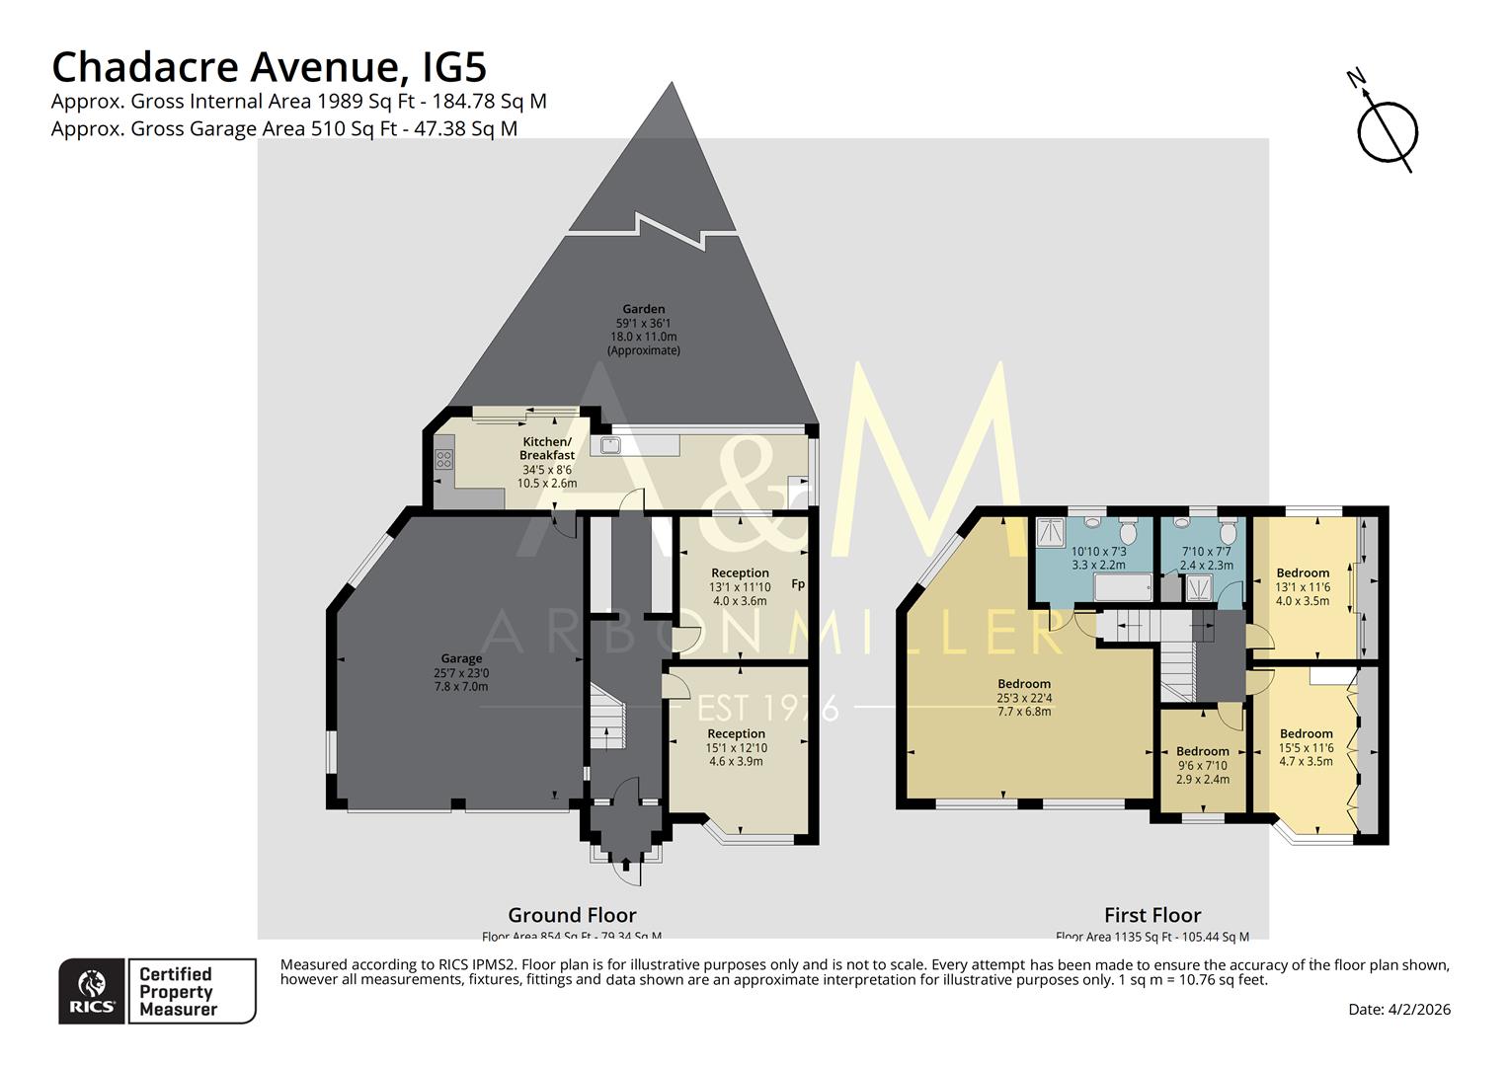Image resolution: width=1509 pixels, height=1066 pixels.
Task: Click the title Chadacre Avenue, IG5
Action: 269,67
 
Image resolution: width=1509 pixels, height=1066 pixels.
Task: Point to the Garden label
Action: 643,308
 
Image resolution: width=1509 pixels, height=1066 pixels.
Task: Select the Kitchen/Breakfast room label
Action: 546,448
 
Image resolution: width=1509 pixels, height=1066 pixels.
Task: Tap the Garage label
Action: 461,658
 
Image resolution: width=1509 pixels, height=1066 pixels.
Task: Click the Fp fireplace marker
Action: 798,584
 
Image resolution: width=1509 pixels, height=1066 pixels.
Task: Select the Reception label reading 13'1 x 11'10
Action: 740,573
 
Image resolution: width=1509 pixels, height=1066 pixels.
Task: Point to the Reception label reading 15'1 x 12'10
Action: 736,734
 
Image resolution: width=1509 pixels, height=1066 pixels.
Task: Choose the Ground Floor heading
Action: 572,915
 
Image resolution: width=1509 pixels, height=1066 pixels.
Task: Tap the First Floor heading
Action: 1152,915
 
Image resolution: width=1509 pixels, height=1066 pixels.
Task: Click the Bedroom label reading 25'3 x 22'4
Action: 1024,684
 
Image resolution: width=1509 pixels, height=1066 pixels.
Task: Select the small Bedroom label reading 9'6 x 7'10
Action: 1202,751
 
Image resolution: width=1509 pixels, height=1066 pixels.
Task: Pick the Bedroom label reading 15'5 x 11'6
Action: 1306,734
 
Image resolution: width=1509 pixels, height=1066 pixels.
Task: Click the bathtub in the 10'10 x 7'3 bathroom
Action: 1123,589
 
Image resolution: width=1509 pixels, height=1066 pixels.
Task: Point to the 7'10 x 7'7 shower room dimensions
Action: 1206,559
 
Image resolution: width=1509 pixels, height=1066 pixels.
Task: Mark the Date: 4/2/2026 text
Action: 1399,1010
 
